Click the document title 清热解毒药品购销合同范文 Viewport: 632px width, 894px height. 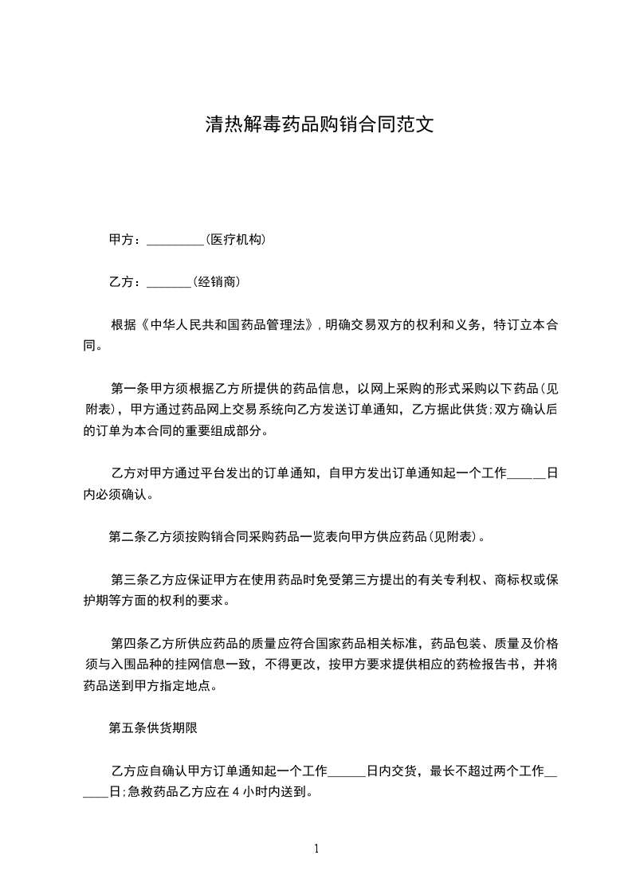tap(319, 125)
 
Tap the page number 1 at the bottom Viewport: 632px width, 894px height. tap(316, 849)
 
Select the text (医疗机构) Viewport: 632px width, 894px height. tap(235, 240)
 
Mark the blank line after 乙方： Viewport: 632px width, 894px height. tap(169, 284)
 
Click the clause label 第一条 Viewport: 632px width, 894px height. tap(128, 389)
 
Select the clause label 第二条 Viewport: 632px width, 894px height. tap(126, 537)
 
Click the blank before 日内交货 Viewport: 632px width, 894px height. tap(347, 773)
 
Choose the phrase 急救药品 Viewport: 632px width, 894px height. tap(152, 792)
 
